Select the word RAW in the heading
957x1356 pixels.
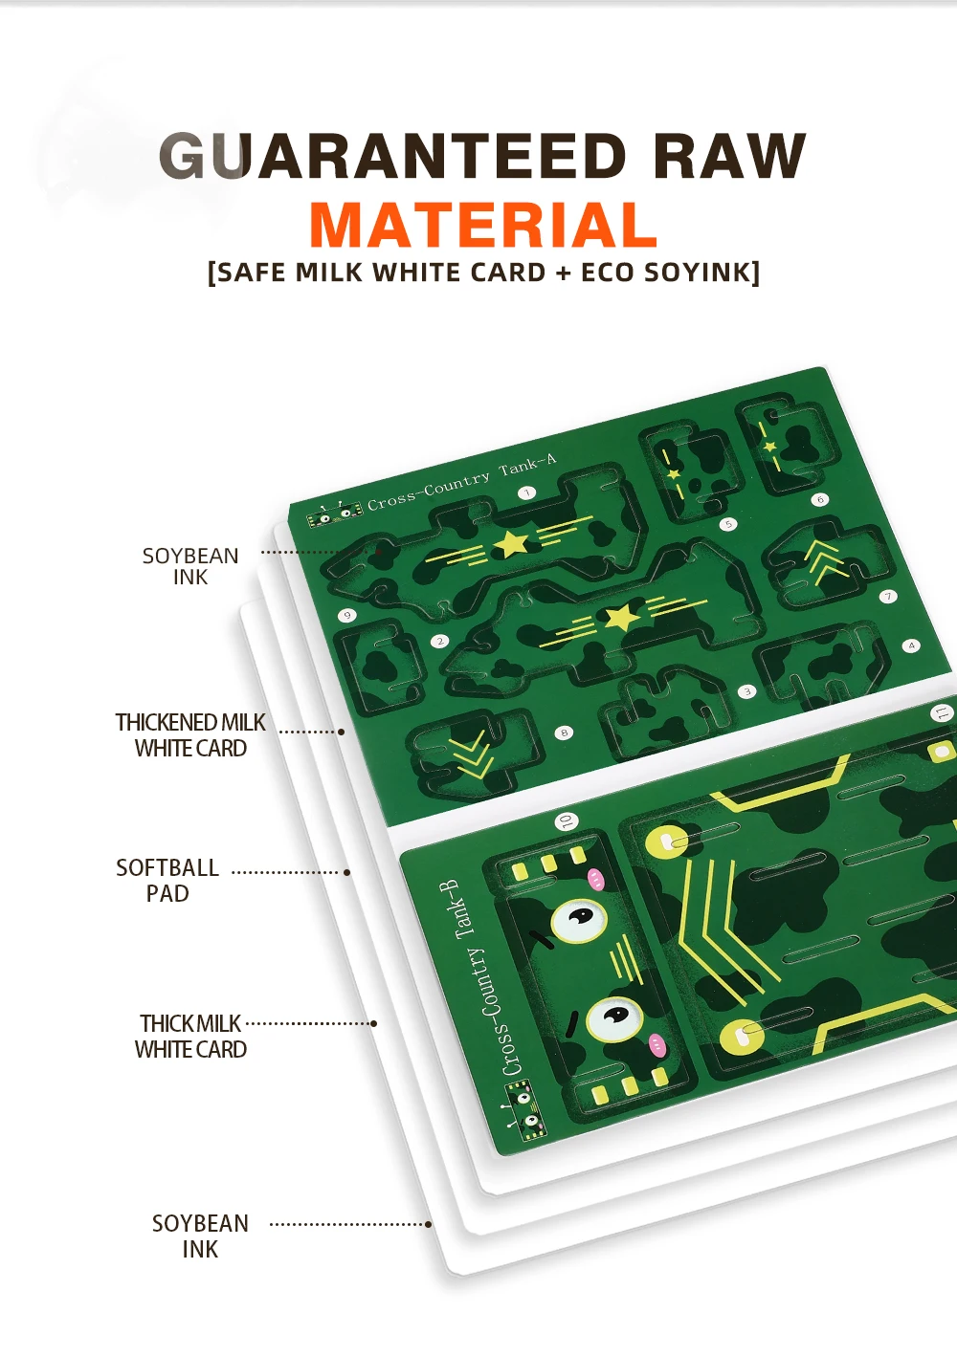coord(729,156)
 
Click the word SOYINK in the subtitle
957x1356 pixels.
coord(697,273)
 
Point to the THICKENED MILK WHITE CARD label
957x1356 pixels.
coord(190,735)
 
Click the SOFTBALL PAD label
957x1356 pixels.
coord(167,880)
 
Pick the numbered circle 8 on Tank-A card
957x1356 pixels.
coord(564,733)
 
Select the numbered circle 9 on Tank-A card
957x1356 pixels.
coord(347,616)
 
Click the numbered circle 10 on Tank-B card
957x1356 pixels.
coord(567,821)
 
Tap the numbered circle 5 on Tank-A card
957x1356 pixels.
coord(728,524)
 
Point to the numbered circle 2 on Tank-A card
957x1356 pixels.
coord(439,641)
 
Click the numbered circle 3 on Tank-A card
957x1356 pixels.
coord(746,691)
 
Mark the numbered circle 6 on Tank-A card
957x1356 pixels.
coord(820,499)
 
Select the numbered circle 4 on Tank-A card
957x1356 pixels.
coord(912,645)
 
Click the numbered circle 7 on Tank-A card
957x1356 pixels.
coord(888,597)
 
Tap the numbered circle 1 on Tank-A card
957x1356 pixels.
coord(527,493)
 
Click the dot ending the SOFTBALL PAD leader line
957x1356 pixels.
coord(346,872)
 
